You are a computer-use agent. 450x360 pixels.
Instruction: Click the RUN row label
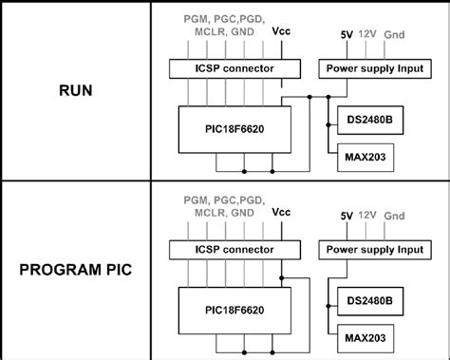click(x=76, y=92)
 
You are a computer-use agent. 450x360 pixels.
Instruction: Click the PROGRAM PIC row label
click(x=76, y=271)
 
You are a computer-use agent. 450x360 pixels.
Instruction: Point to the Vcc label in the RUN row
click(x=282, y=30)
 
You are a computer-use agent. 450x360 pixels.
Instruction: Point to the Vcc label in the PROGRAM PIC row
click(x=282, y=212)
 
